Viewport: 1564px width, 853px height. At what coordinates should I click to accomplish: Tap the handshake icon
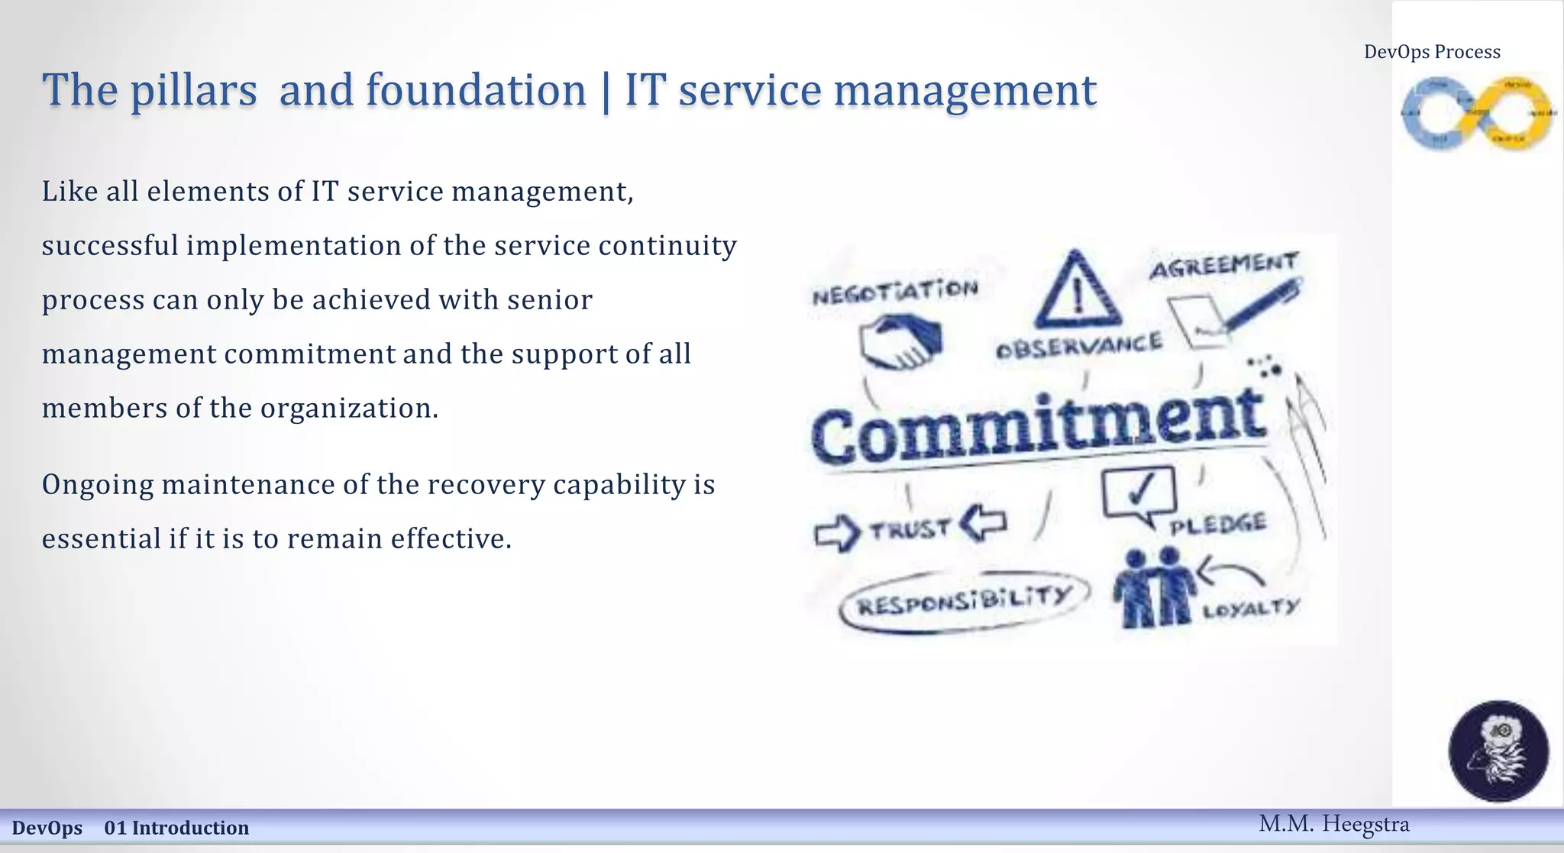coord(900,344)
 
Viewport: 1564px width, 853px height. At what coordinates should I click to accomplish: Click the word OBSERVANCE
coord(1079,346)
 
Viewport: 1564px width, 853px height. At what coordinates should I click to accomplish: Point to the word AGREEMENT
coord(1223,266)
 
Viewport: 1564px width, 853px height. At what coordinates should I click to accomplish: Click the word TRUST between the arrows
coord(910,528)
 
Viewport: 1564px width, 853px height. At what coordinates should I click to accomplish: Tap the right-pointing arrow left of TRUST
coord(836,532)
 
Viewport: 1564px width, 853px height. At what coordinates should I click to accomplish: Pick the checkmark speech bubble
coord(1139,494)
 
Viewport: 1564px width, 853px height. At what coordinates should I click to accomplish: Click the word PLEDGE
coord(1218,525)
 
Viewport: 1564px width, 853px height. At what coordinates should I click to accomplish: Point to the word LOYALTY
coord(1250,609)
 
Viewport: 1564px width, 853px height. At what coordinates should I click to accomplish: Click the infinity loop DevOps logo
coord(1478,114)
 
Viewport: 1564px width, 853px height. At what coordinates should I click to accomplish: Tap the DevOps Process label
coord(1432,52)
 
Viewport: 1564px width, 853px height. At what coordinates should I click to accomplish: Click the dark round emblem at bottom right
coord(1498,751)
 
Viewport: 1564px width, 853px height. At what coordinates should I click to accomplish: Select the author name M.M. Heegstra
coord(1333,824)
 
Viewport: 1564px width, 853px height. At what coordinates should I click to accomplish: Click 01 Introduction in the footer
coord(176,828)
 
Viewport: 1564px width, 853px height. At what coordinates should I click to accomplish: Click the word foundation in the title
coord(475,90)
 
